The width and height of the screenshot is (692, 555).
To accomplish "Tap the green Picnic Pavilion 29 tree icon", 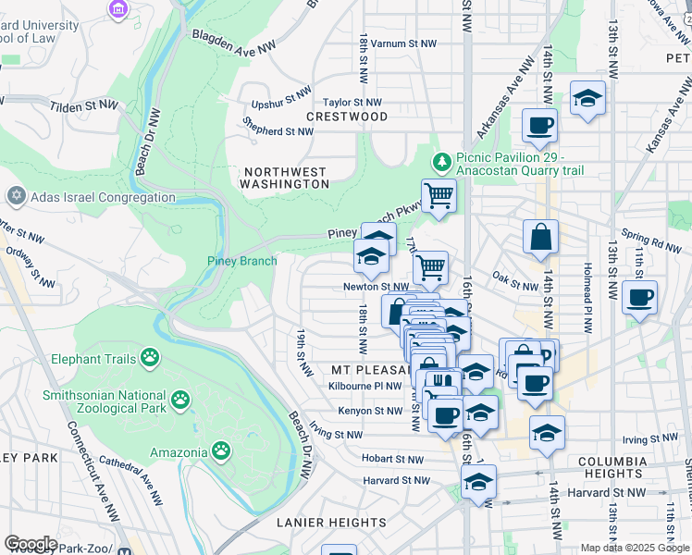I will click(x=442, y=163).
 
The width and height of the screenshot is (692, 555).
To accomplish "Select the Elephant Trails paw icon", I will click(x=150, y=358).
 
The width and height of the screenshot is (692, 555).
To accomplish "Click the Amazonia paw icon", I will click(x=221, y=451).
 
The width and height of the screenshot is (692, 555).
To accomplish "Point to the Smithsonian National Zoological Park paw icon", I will click(x=181, y=401).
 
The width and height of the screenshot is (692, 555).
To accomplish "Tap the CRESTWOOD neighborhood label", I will click(x=347, y=117).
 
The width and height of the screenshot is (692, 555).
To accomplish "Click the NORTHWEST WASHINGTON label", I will click(x=285, y=178).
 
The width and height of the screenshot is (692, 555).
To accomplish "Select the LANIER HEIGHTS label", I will click(x=331, y=523).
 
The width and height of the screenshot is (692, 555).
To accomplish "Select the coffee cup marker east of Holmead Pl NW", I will click(x=640, y=298).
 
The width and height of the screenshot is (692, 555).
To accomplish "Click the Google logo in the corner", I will click(x=31, y=544).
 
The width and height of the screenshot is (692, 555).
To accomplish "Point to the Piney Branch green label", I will click(x=241, y=261).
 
